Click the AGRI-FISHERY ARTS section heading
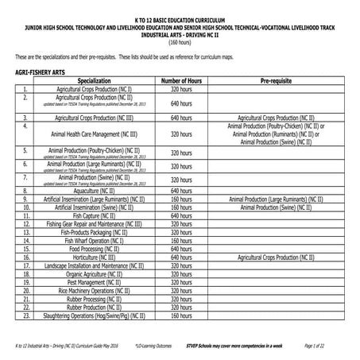(39, 72)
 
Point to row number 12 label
(26, 224)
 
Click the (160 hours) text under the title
(180, 43)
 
